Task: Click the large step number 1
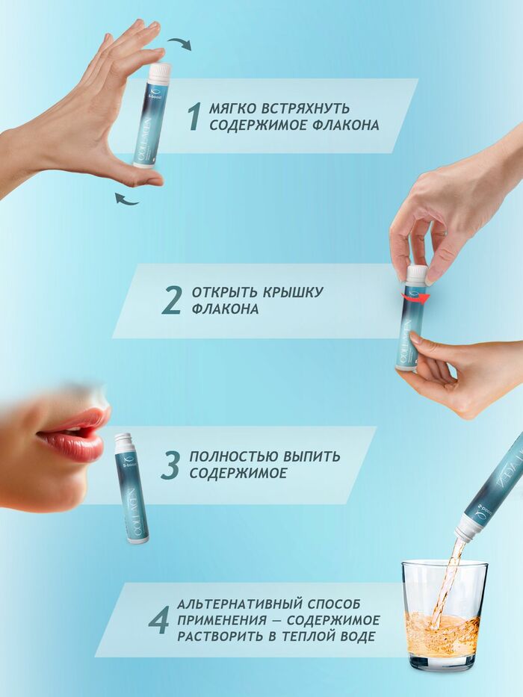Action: [194, 117]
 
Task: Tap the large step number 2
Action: [172, 300]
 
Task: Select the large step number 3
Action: [170, 465]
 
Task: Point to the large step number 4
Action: [158, 619]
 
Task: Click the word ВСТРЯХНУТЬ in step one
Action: [306, 109]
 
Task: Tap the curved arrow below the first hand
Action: [126, 199]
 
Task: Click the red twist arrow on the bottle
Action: [413, 297]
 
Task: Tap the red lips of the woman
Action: [73, 436]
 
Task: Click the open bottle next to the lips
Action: [131, 488]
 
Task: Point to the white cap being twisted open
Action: [417, 275]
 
